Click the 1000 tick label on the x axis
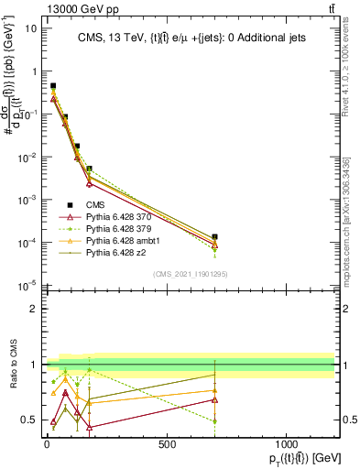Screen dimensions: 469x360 pos(286,444)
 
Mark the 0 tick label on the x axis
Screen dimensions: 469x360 pos(47,444)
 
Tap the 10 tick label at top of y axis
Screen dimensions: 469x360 pos(29,27)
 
